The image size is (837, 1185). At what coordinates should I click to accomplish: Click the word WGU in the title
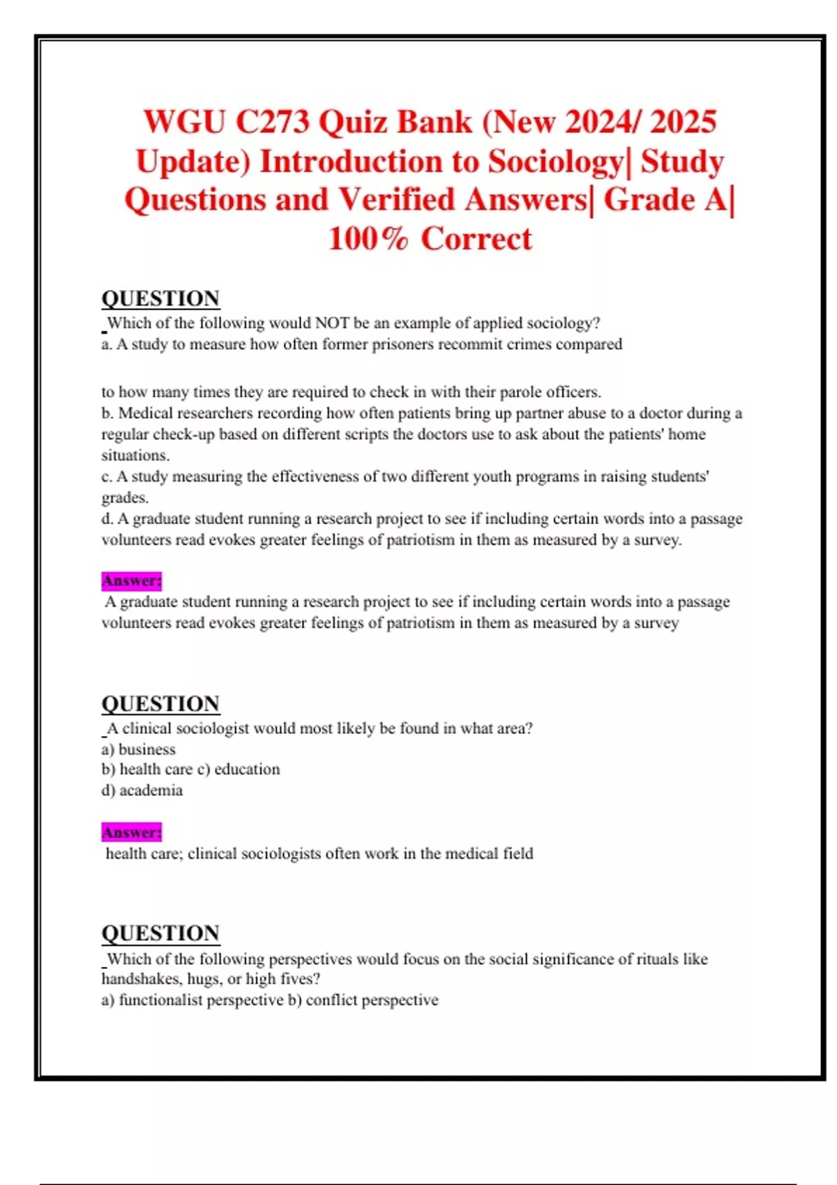click(184, 122)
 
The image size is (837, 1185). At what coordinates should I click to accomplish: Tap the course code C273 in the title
click(272, 122)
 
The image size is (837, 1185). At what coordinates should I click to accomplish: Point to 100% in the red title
click(368, 239)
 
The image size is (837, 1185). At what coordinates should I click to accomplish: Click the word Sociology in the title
click(555, 162)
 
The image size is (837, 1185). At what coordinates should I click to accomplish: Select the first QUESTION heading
click(160, 298)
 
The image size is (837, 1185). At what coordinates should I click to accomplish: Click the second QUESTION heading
click(160, 703)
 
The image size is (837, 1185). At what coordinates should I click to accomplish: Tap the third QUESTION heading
click(160, 933)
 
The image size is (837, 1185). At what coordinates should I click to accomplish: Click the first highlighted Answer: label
click(131, 581)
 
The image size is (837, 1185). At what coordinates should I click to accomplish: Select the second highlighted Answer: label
click(131, 832)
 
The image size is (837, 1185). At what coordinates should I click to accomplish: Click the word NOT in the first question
click(332, 323)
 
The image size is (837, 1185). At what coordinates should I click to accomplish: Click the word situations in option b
click(134, 455)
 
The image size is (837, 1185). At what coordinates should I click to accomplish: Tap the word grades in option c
click(123, 498)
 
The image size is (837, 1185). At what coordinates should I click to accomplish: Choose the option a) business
click(139, 749)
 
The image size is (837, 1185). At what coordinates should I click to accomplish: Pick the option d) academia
click(142, 790)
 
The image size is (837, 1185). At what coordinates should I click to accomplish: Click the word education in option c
click(247, 770)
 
